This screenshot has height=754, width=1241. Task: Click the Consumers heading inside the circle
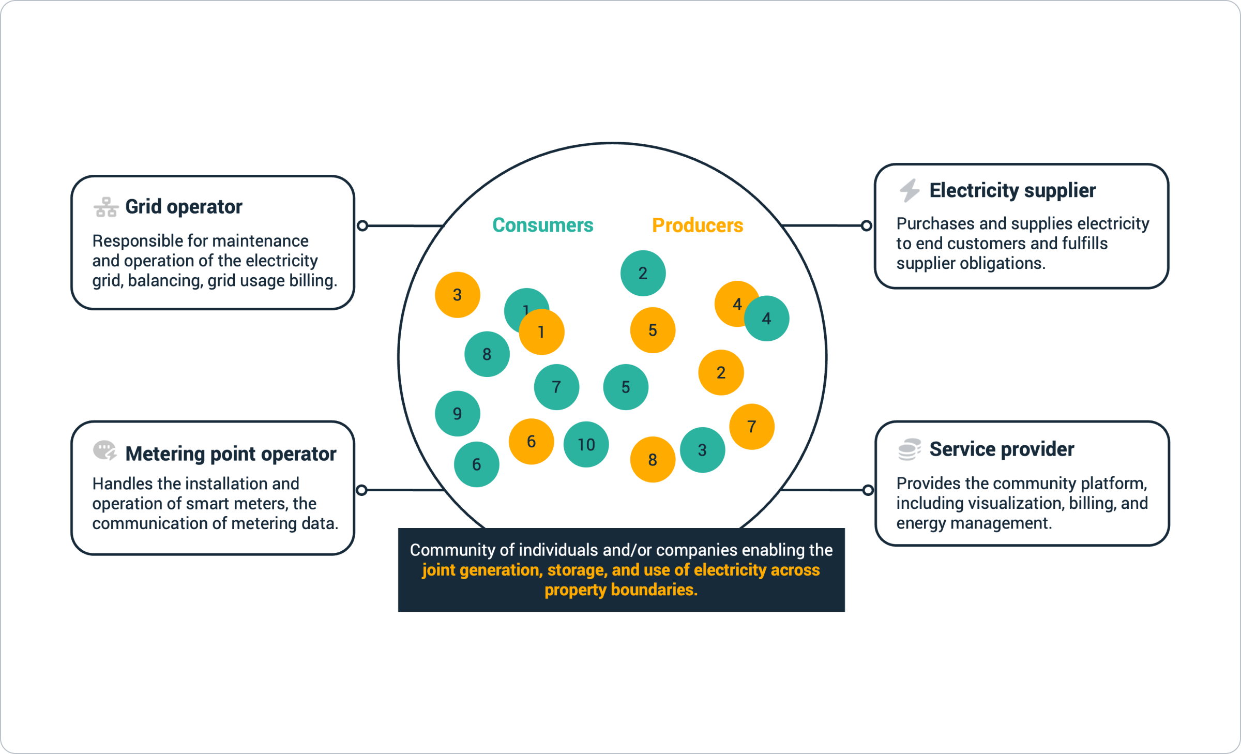(x=542, y=225)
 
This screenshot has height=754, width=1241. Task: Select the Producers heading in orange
(x=697, y=225)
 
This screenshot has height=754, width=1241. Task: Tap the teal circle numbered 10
(x=586, y=445)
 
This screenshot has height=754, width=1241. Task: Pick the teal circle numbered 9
(x=458, y=414)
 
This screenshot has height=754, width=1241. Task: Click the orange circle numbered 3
(x=458, y=295)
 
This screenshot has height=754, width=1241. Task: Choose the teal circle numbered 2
(x=643, y=273)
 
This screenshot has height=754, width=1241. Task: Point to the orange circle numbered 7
(x=752, y=427)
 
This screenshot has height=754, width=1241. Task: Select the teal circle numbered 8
(x=487, y=354)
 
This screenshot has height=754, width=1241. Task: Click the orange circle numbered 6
(x=531, y=441)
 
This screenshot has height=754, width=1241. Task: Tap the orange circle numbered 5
(x=653, y=330)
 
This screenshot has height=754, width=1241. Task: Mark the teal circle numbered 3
(x=702, y=450)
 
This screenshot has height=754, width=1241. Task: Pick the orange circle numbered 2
(x=721, y=373)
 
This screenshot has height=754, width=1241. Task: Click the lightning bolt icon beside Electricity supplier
(x=910, y=190)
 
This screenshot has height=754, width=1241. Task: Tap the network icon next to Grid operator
(x=106, y=207)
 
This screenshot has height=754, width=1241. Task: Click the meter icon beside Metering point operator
(x=105, y=450)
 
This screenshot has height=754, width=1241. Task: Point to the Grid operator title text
(x=184, y=207)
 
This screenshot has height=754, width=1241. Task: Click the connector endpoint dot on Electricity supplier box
(x=866, y=226)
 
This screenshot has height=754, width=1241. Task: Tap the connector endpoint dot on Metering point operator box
(x=362, y=490)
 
